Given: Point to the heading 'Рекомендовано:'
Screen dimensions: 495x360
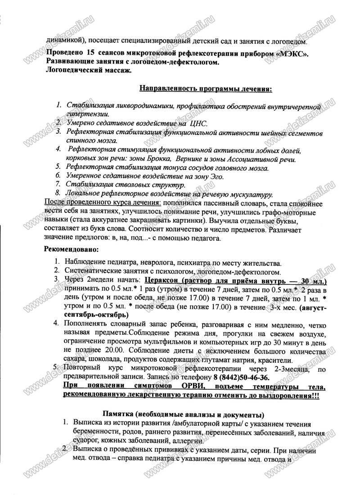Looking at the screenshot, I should tap(71, 249).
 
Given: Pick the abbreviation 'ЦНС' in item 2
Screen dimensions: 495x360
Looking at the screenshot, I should tap(198, 123).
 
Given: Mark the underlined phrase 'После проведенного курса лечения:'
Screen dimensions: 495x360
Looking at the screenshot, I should tap(92, 203).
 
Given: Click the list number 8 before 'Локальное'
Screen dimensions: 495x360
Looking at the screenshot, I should tap(58, 194).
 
